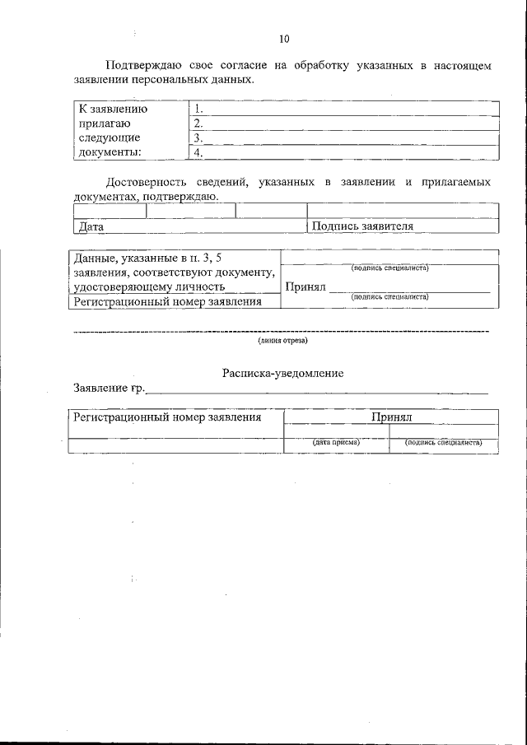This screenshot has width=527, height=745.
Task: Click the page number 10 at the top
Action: (x=284, y=39)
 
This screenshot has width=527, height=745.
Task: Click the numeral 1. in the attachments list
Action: (x=198, y=108)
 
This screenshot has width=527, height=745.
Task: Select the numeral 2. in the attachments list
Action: (x=198, y=123)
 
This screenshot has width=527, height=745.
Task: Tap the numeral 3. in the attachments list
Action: (x=198, y=137)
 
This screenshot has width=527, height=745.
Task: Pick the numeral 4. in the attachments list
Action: (x=198, y=152)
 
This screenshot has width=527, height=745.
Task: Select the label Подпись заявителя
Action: (x=362, y=226)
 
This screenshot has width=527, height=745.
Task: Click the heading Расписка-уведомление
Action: (x=282, y=373)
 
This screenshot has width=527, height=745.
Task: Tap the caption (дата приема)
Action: (x=335, y=442)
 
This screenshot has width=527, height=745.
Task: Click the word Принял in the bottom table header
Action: (x=391, y=417)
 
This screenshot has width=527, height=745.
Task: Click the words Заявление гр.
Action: (x=109, y=388)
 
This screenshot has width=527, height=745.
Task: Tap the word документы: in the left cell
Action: (x=109, y=152)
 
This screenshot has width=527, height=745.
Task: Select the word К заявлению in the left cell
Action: (x=113, y=108)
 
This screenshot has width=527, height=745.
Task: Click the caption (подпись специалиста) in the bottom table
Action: (x=443, y=442)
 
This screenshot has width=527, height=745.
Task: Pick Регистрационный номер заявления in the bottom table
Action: (x=167, y=417)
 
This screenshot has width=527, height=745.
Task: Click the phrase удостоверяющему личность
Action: (x=149, y=286)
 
